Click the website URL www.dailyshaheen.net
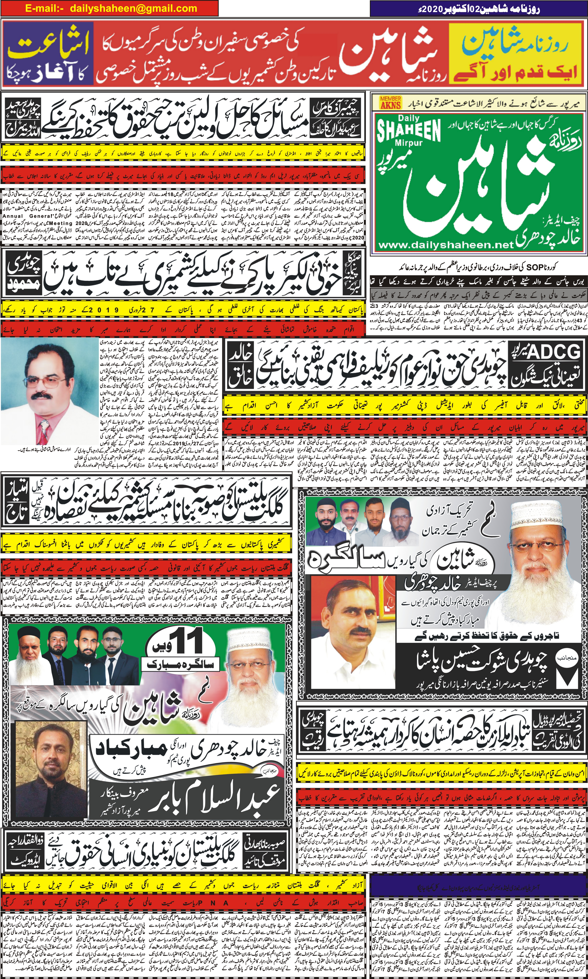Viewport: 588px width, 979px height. (446, 245)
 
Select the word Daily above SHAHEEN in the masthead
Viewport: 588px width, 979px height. (409, 118)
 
